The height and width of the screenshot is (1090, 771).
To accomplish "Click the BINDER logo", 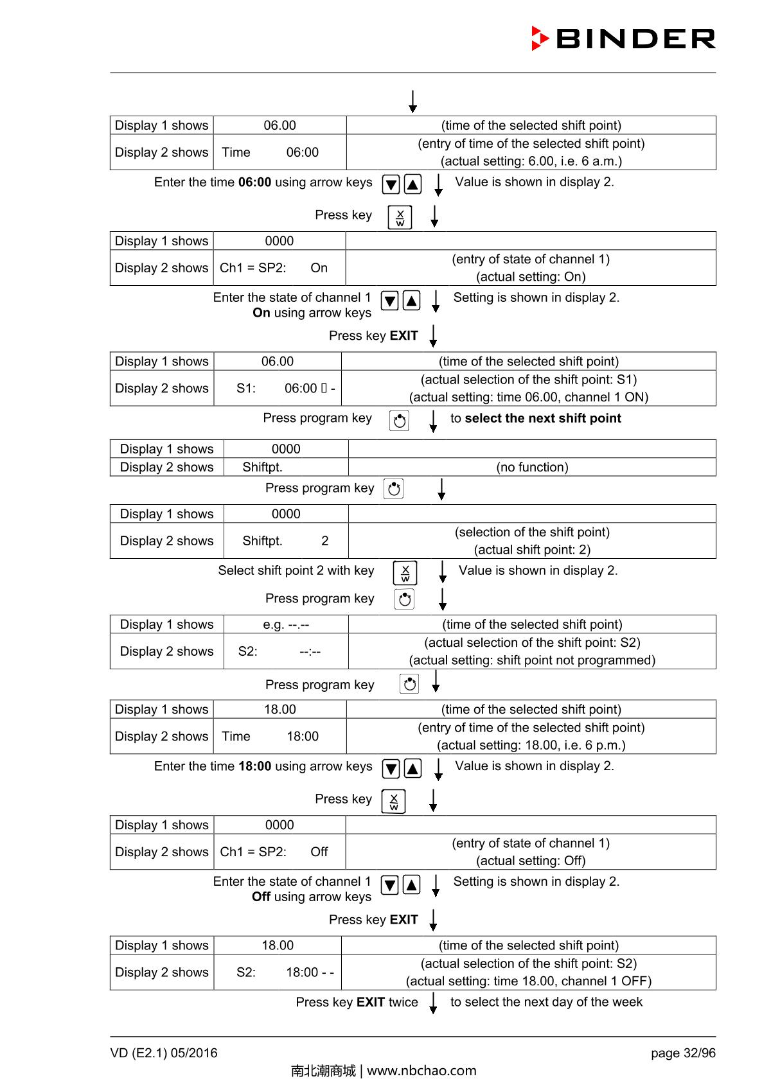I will point(623,39).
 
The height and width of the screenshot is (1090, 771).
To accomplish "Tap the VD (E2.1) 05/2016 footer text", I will point(164,1053).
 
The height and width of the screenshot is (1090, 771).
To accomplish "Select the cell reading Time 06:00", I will point(279,152).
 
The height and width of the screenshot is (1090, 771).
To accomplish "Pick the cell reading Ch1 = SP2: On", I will point(279,268).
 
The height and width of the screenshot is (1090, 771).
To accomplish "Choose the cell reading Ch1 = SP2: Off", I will point(279,852).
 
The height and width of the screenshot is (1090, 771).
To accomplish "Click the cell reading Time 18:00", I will point(279,736).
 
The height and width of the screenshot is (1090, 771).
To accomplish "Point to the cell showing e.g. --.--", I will point(286,624).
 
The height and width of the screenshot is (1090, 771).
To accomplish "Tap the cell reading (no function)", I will point(532,467).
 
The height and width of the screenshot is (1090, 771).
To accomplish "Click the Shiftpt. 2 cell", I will point(286,541).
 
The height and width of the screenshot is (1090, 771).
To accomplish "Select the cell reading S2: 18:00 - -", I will point(278,972).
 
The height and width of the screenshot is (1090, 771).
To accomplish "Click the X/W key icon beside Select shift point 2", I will point(405,572).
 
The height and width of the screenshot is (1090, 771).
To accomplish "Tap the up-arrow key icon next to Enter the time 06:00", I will point(413,184).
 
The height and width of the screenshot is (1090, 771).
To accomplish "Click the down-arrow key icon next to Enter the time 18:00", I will point(391,768).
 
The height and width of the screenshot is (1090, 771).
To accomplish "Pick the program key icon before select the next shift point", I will point(399,421).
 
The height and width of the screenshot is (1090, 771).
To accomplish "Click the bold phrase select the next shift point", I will point(543,418).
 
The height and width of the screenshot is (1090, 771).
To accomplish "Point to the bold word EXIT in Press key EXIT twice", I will point(371,1002).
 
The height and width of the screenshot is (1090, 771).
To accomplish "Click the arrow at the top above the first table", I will point(412,101).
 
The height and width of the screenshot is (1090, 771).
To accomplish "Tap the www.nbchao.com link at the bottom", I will point(421,1071).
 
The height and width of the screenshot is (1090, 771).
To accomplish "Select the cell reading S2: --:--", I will point(286,651).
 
